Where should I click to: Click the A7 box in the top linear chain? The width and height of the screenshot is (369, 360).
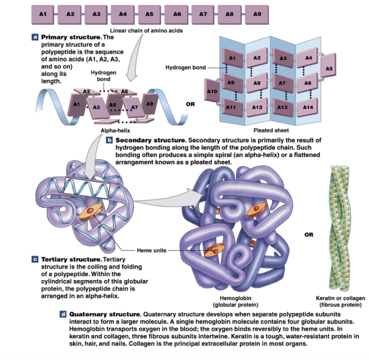point(203,14)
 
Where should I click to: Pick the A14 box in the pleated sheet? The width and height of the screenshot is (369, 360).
point(308,107)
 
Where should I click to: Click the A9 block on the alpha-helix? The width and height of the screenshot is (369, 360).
point(149,104)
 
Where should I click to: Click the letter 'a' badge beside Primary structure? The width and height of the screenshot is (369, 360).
point(36,37)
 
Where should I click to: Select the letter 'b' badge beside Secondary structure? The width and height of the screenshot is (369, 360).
point(110,140)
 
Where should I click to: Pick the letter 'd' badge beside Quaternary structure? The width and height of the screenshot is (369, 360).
point(63,314)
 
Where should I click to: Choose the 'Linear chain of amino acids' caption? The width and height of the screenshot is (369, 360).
point(143,31)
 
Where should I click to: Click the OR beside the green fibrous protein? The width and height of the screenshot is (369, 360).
point(309,235)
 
